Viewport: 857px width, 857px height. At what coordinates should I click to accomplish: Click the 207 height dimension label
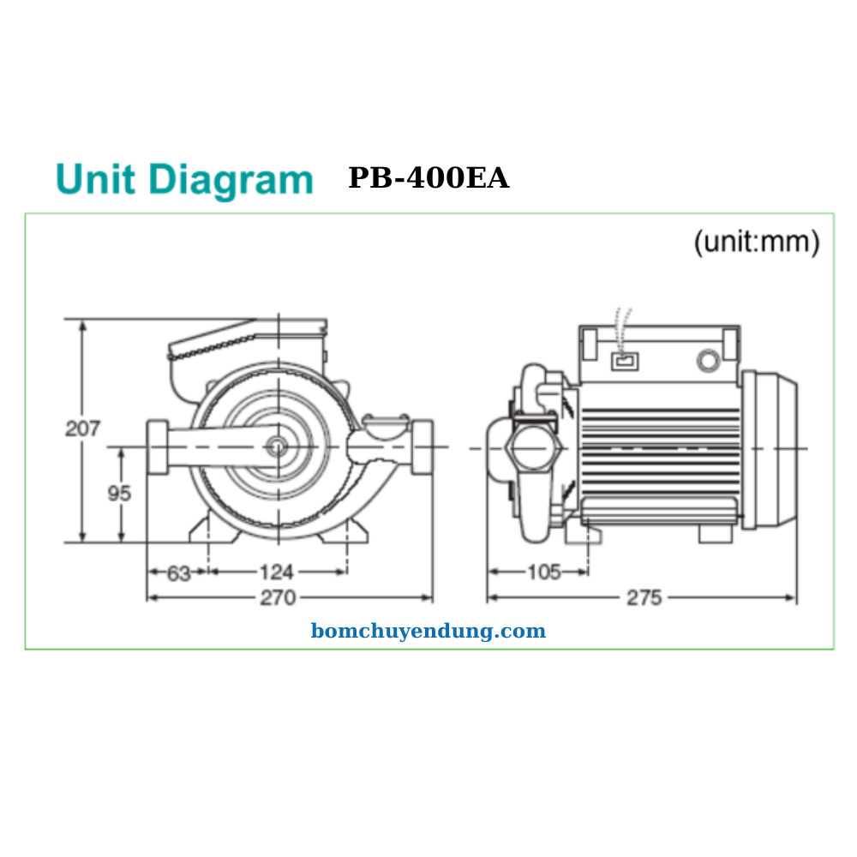(x=83, y=428)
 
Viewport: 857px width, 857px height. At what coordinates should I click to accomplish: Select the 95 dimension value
(x=119, y=494)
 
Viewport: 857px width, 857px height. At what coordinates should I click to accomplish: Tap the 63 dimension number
(x=178, y=573)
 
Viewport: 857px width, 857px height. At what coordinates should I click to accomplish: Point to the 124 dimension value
(x=277, y=572)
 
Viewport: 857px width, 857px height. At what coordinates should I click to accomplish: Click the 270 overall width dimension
(x=279, y=597)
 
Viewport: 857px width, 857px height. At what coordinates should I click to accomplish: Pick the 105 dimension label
(x=543, y=572)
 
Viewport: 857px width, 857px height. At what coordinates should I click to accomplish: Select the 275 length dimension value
(x=644, y=598)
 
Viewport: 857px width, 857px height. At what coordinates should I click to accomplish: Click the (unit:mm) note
(x=756, y=243)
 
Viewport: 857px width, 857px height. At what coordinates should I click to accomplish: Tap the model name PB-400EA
(x=428, y=178)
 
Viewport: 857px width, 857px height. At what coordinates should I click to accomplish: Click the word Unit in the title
(x=95, y=179)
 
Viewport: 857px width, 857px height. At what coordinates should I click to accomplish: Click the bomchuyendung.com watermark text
(x=428, y=632)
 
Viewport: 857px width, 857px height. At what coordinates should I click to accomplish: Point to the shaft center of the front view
(x=278, y=446)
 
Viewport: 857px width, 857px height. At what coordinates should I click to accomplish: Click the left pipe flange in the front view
(x=157, y=447)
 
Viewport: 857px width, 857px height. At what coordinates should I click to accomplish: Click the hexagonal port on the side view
(x=531, y=447)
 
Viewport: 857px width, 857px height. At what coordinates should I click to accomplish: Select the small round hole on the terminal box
(x=708, y=361)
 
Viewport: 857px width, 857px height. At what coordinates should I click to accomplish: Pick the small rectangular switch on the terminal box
(x=625, y=361)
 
